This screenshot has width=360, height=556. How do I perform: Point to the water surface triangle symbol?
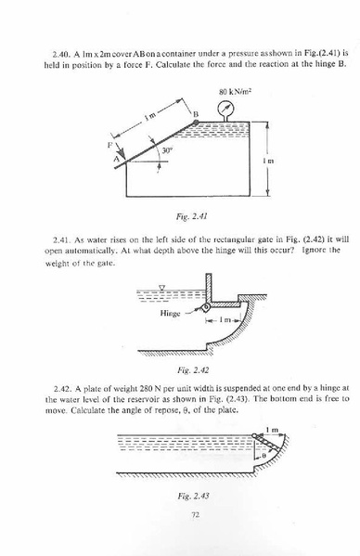point(161,287)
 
